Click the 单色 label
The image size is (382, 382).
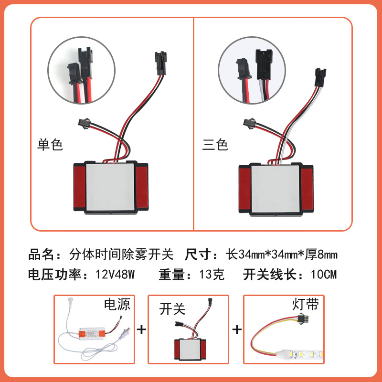[x=50, y=145]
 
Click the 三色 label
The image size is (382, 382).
[x=215, y=145]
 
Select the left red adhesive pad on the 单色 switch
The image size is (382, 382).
[x=78, y=188]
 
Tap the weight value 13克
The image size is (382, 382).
[x=211, y=275]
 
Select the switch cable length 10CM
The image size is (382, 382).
[x=323, y=275]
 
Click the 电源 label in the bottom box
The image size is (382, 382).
[x=117, y=305]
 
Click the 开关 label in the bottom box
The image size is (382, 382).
[x=172, y=309]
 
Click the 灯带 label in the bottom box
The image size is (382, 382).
[x=306, y=305]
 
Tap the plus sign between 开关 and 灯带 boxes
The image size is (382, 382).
[x=237, y=330]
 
